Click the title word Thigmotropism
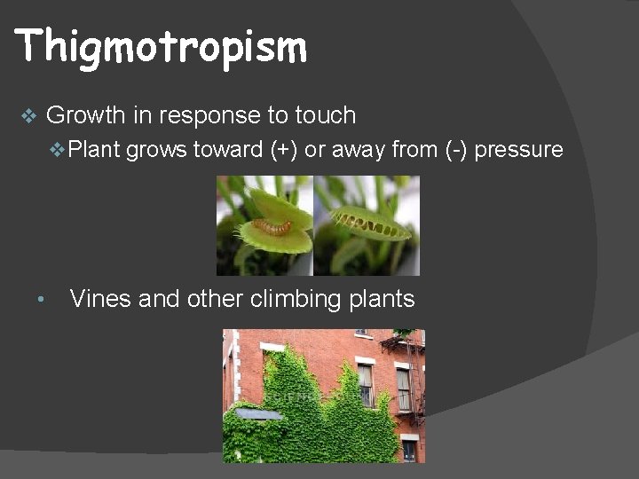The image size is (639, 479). pos(161,46)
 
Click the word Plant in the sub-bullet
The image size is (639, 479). pos(95,150)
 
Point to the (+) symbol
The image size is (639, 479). pos(284,150)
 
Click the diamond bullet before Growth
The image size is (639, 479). pos(28,116)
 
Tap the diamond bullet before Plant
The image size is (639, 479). pos(58,150)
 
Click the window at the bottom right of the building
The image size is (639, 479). pos(408,449)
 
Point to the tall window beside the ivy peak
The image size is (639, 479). pos(365,384)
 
